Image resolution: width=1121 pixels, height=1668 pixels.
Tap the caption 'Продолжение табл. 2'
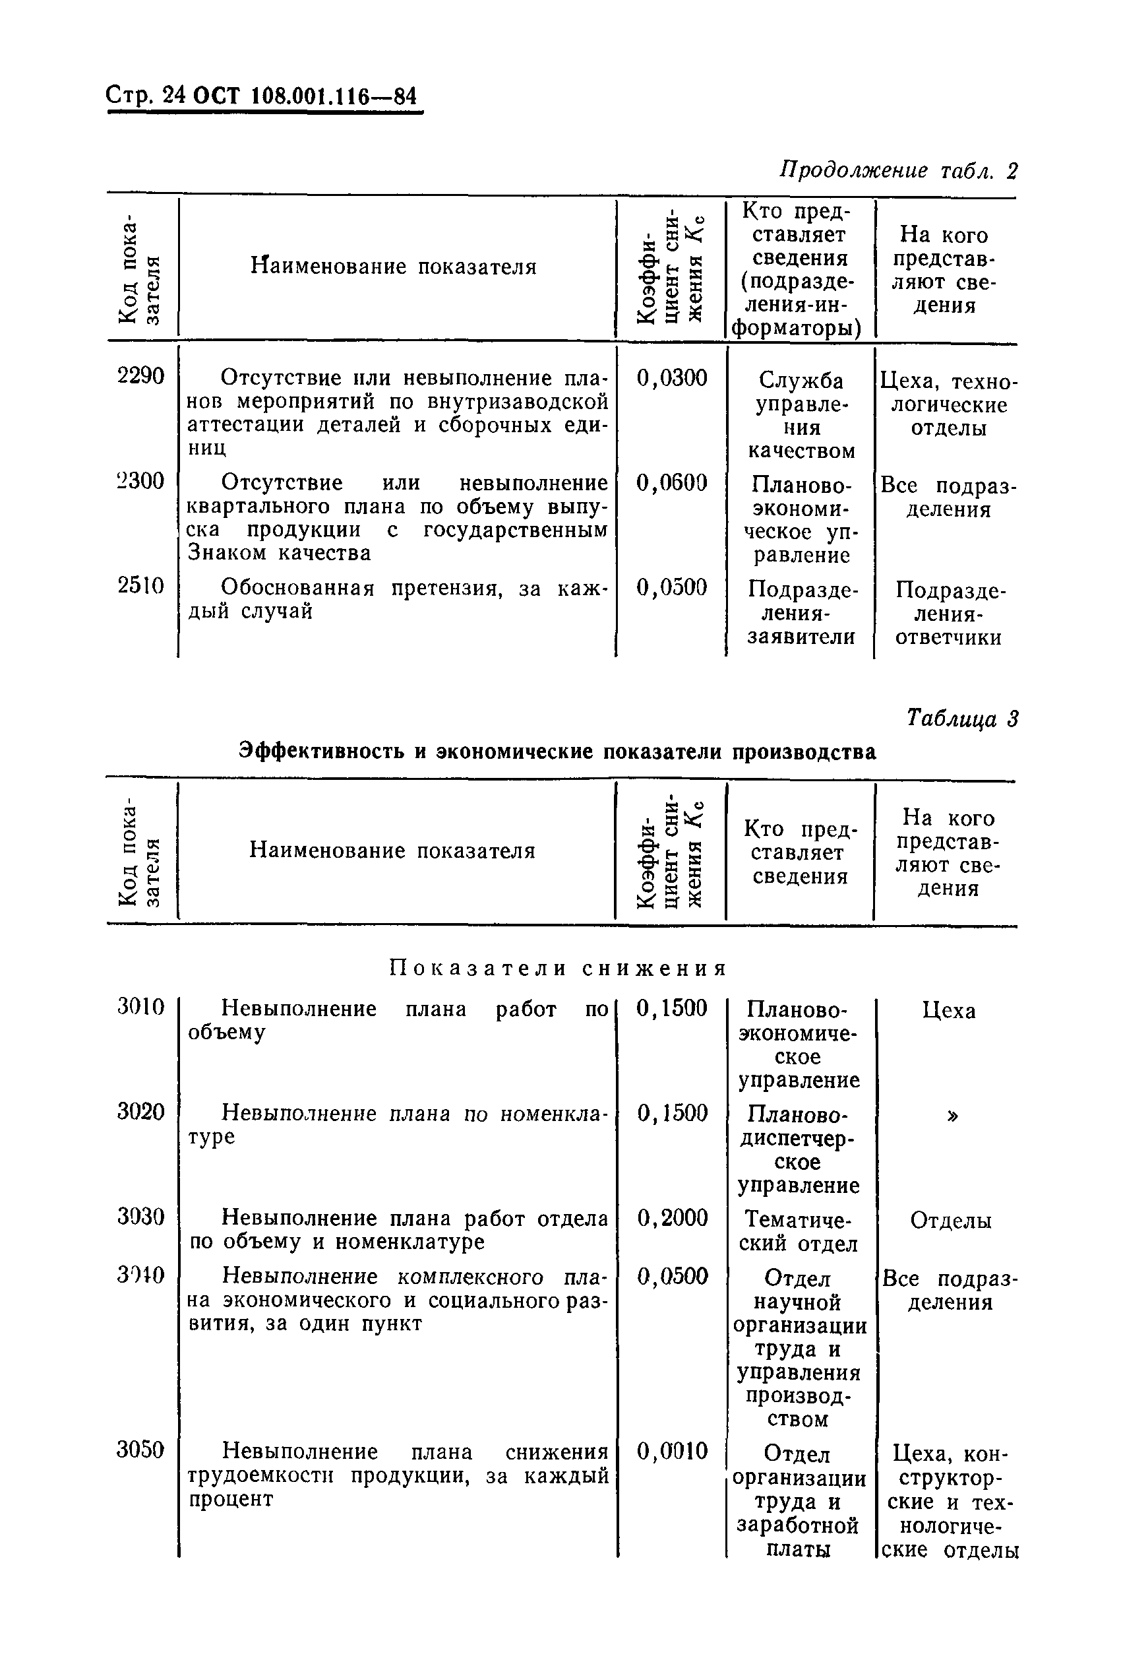897,171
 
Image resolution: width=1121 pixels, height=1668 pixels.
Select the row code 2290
141,375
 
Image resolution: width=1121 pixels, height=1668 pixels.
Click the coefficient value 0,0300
671,377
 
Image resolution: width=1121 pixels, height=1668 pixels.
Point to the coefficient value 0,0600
671,483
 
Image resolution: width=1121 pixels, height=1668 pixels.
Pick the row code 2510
141,586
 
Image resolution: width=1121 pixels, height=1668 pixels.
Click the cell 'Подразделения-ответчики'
948,614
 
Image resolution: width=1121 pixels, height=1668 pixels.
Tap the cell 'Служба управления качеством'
801,416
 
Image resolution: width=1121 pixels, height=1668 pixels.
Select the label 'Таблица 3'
961,718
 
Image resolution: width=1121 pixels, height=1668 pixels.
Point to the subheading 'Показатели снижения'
558,969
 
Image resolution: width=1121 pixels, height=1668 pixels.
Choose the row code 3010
141,1007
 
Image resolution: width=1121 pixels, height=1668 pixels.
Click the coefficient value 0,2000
672,1218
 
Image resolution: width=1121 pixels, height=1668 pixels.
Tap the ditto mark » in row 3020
952,1116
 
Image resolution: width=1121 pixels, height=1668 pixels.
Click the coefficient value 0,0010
672,1452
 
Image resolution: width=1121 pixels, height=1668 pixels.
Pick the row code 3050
141,1450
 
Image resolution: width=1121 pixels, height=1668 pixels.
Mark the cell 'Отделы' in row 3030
950,1220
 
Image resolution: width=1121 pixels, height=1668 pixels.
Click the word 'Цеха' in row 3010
949,1011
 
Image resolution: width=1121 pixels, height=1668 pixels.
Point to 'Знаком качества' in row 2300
279,553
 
